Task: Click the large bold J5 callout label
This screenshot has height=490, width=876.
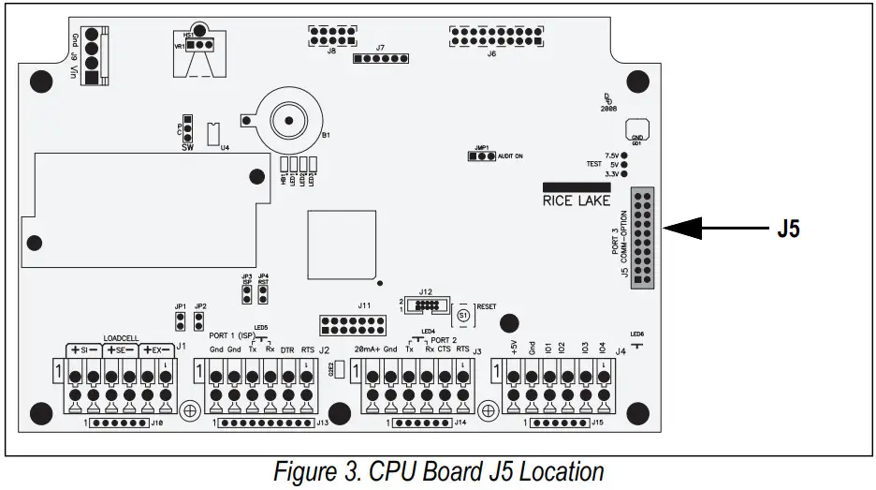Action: (788, 229)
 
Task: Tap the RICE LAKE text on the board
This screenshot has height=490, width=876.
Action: (577, 200)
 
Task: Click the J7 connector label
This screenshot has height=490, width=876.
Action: (380, 47)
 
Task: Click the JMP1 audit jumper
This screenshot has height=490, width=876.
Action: (482, 156)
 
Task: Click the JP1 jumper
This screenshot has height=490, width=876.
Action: (180, 322)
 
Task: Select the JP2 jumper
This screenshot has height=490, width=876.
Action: (198, 322)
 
